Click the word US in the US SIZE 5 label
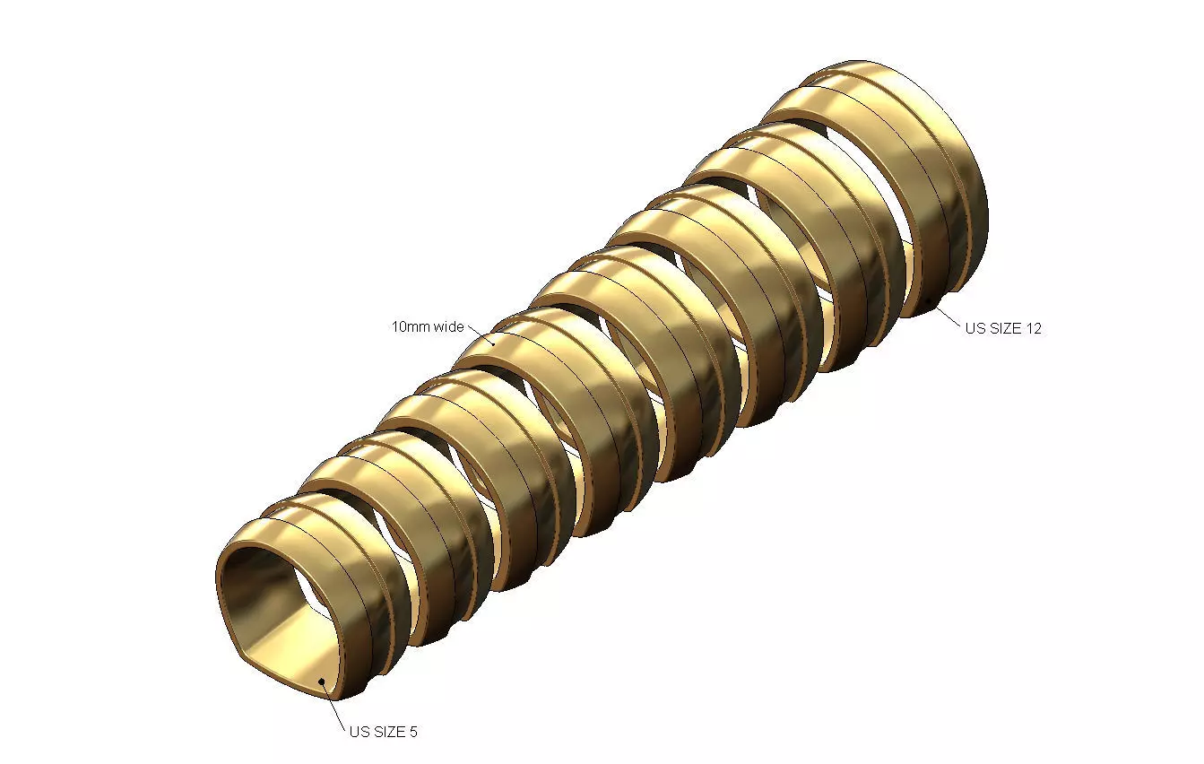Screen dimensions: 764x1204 (x=359, y=732)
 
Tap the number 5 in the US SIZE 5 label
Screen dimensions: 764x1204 (x=413, y=732)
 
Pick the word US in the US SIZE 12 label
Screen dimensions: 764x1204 (x=974, y=328)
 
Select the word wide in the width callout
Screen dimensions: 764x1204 (x=449, y=326)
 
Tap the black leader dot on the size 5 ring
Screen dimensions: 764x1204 (x=322, y=682)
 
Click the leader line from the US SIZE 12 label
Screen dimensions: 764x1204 (x=948, y=317)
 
